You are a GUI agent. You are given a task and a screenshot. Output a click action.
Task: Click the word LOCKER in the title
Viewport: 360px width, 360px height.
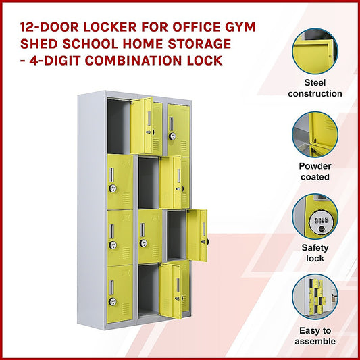tap(110, 27)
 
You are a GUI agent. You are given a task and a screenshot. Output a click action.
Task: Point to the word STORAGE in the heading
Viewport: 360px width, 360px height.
tap(199, 44)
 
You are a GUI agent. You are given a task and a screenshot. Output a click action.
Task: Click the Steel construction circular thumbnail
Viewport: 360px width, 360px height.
tap(315, 51)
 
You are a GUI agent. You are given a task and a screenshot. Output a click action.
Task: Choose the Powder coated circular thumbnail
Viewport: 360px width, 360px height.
tap(315, 134)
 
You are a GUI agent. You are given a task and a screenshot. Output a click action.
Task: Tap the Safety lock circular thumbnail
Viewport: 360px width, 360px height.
tap(315, 216)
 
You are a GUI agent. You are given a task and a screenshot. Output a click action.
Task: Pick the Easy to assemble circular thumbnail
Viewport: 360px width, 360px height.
tap(315, 297)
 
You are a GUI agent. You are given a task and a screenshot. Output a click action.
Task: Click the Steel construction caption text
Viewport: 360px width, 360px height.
tap(315, 88)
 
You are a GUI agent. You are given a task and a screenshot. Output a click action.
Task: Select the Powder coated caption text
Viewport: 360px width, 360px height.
tap(315, 172)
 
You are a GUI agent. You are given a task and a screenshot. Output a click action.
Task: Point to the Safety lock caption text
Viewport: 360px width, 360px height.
tap(315, 253)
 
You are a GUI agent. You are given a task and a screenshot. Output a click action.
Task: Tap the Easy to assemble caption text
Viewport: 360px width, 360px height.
tap(315, 336)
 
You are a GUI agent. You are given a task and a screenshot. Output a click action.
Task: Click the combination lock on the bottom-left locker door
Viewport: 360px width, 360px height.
tap(113, 301)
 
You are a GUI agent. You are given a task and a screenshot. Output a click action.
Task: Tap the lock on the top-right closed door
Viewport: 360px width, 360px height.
tap(172, 136)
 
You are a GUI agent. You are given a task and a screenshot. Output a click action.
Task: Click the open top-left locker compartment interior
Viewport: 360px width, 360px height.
tap(119, 126)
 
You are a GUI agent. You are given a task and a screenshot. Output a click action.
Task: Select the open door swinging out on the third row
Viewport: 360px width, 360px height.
tap(197, 236)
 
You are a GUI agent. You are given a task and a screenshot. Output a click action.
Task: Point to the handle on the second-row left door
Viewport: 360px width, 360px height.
tap(112, 175)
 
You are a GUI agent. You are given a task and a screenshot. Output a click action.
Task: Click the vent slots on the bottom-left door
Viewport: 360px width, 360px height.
tap(126, 308)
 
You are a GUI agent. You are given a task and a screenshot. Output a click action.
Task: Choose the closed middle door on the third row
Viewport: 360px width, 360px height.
tap(151, 236)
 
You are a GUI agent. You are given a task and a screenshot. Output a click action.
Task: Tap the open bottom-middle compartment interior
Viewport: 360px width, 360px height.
tap(149, 290)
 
